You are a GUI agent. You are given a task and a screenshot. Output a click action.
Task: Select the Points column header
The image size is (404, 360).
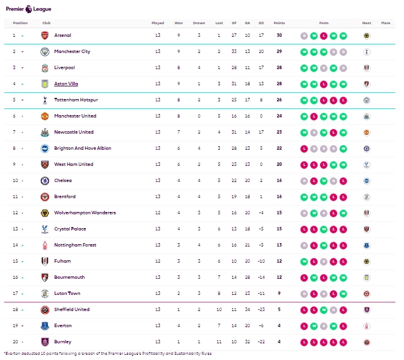(x=279, y=23)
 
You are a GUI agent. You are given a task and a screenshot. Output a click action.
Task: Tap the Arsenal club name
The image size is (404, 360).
(x=63, y=35)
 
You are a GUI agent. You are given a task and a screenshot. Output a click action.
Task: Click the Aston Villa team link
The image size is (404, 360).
(x=66, y=84)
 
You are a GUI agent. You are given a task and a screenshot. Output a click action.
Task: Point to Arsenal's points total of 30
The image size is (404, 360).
(x=279, y=35)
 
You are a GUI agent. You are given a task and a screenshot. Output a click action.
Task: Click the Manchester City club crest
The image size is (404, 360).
(x=45, y=51)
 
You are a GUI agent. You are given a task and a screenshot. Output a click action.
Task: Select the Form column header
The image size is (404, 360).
(x=323, y=23)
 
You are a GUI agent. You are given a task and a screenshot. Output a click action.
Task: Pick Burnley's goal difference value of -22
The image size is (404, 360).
(x=261, y=342)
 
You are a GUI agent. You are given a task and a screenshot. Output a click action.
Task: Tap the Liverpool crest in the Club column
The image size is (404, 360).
(x=45, y=67)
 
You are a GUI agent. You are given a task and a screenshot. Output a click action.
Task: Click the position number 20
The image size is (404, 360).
(x=15, y=342)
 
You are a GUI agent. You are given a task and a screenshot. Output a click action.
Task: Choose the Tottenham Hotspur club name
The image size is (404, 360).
(x=76, y=100)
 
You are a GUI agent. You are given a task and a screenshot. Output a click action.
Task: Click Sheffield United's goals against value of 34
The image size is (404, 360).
(x=247, y=309)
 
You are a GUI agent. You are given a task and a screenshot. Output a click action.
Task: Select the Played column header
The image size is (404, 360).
(x=158, y=23)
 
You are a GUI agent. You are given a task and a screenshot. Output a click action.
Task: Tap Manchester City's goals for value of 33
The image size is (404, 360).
(x=234, y=51)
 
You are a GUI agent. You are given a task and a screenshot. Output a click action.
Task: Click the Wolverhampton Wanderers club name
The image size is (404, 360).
(x=85, y=213)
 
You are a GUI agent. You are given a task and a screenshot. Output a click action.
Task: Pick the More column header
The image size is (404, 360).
(x=386, y=23)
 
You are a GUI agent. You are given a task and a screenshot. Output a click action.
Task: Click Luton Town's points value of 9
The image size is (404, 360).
(x=279, y=293)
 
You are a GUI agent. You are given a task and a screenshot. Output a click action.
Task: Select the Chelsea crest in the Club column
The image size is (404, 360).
(x=45, y=180)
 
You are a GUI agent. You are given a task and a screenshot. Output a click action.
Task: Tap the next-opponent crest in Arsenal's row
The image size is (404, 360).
(x=367, y=35)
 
